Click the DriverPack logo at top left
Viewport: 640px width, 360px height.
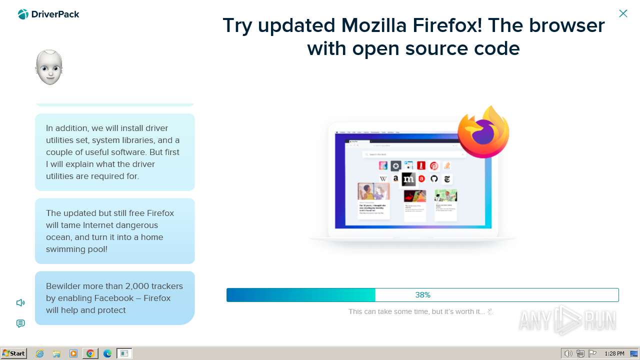coord(48,14)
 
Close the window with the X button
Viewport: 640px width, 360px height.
coord(623,13)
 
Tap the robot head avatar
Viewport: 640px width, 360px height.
coord(49,67)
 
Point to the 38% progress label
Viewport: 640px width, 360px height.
coord(422,295)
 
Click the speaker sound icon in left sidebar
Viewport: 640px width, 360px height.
coord(20,302)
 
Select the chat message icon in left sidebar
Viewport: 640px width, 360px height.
coord(20,323)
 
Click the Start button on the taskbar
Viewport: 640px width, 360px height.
coord(13,353)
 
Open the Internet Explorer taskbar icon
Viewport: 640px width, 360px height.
coord(40,353)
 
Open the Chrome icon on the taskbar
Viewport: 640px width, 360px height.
coord(90,353)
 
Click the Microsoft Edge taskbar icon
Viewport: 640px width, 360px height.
coord(107,353)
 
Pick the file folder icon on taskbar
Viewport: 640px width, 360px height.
coord(56,353)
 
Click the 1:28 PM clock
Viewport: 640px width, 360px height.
coord(614,353)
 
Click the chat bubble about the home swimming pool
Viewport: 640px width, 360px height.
coord(114,231)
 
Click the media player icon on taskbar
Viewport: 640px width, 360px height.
coord(73,353)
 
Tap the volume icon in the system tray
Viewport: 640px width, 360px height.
coord(568,353)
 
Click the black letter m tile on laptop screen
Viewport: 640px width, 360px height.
coord(408,178)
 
